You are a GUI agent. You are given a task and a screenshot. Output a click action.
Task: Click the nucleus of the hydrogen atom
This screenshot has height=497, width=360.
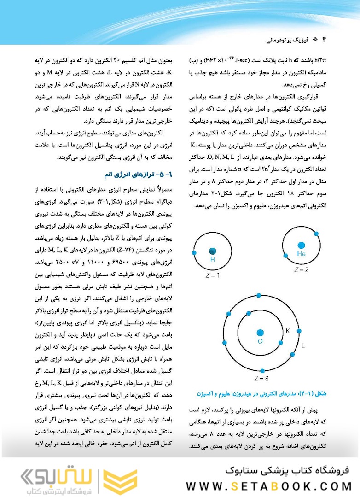[212, 251]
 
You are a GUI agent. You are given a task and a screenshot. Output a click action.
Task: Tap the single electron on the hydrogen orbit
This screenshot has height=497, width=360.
[194, 253]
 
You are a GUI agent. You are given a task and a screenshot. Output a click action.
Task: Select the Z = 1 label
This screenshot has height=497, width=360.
[212, 275]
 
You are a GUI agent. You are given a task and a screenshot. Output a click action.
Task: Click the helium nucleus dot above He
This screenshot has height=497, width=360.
[301, 246]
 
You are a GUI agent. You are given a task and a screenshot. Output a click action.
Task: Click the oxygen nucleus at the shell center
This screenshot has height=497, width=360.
[260, 333]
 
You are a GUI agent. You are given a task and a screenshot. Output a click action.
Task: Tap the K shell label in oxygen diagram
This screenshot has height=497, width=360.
[287, 331]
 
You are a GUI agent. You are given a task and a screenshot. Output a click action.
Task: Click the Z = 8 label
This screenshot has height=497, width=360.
[261, 379]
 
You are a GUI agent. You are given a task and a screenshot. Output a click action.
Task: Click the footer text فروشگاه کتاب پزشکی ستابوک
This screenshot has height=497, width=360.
[287, 470]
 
